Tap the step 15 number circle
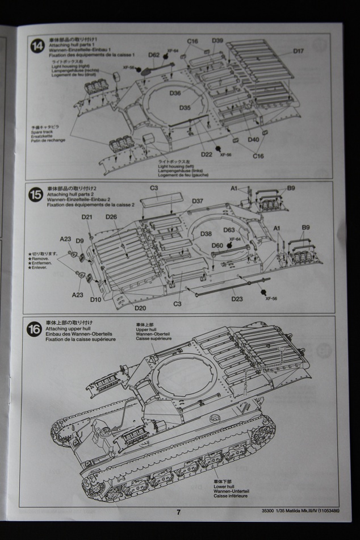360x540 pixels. pyautogui.click(x=36, y=195)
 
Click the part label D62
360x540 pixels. pyautogui.click(x=154, y=55)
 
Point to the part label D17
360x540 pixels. pyautogui.click(x=299, y=51)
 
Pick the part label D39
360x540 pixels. pyautogui.click(x=217, y=41)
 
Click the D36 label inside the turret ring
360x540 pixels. pyautogui.click(x=175, y=93)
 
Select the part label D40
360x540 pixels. pyautogui.click(x=253, y=139)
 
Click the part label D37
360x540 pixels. pyautogui.click(x=197, y=201)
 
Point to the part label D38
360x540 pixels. pyautogui.click(x=206, y=233)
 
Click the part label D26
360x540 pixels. pyautogui.click(x=111, y=217)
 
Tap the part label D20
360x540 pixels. pyautogui.click(x=140, y=308)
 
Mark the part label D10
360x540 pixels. pyautogui.click(x=95, y=299)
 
